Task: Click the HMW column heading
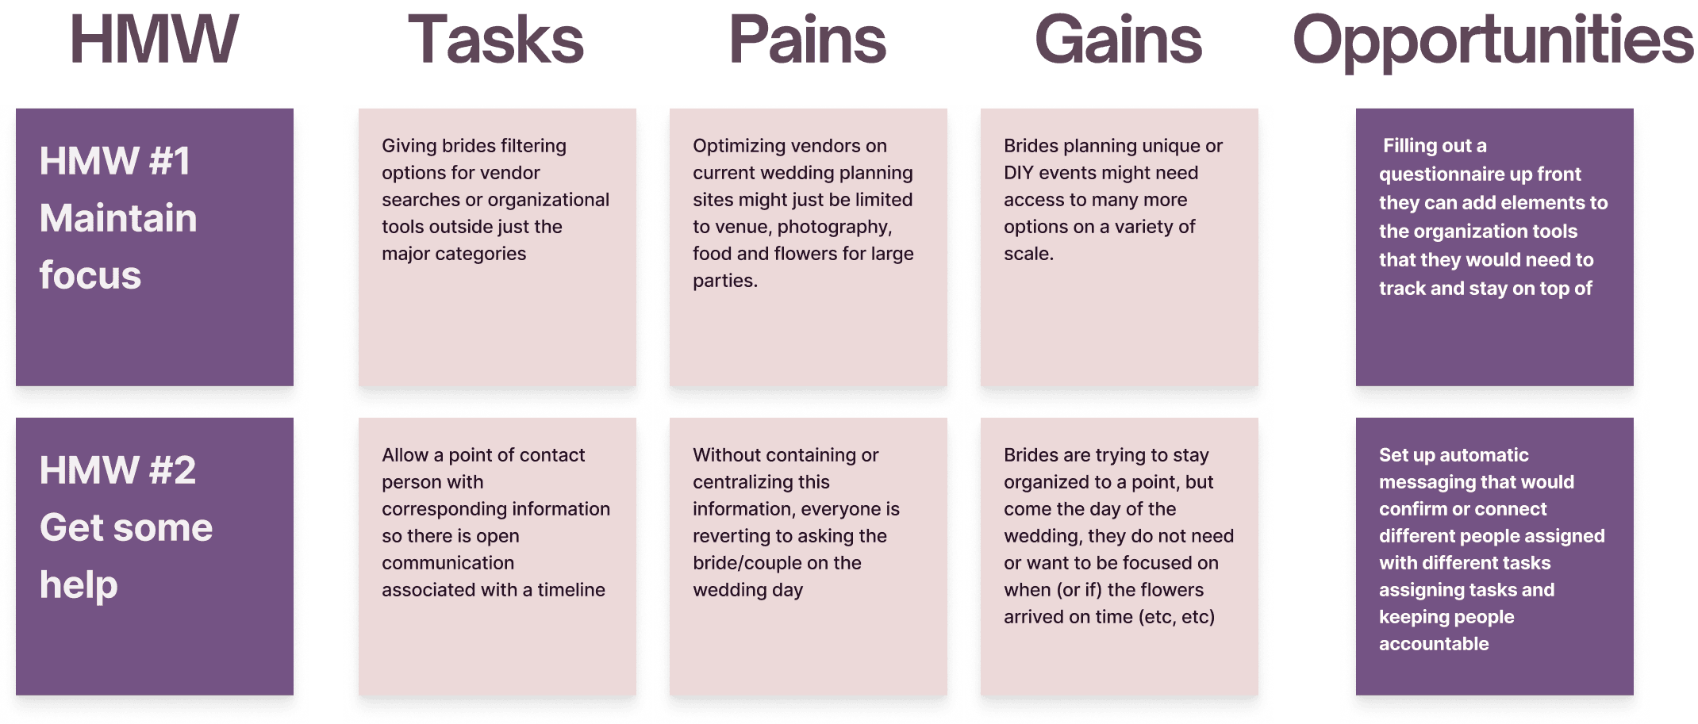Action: click(x=154, y=40)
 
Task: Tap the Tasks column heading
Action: click(x=496, y=40)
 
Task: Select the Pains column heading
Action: click(x=808, y=40)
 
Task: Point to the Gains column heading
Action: click(x=1119, y=40)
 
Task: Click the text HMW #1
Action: click(x=115, y=161)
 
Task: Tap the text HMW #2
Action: click(x=117, y=470)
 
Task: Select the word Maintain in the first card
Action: click(x=118, y=218)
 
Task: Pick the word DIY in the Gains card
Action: click(x=1018, y=173)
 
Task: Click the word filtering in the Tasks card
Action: click(x=527, y=146)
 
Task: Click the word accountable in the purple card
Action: click(x=1434, y=644)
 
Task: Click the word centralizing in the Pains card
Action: click(x=761, y=482)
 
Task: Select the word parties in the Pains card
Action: click(x=723, y=281)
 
